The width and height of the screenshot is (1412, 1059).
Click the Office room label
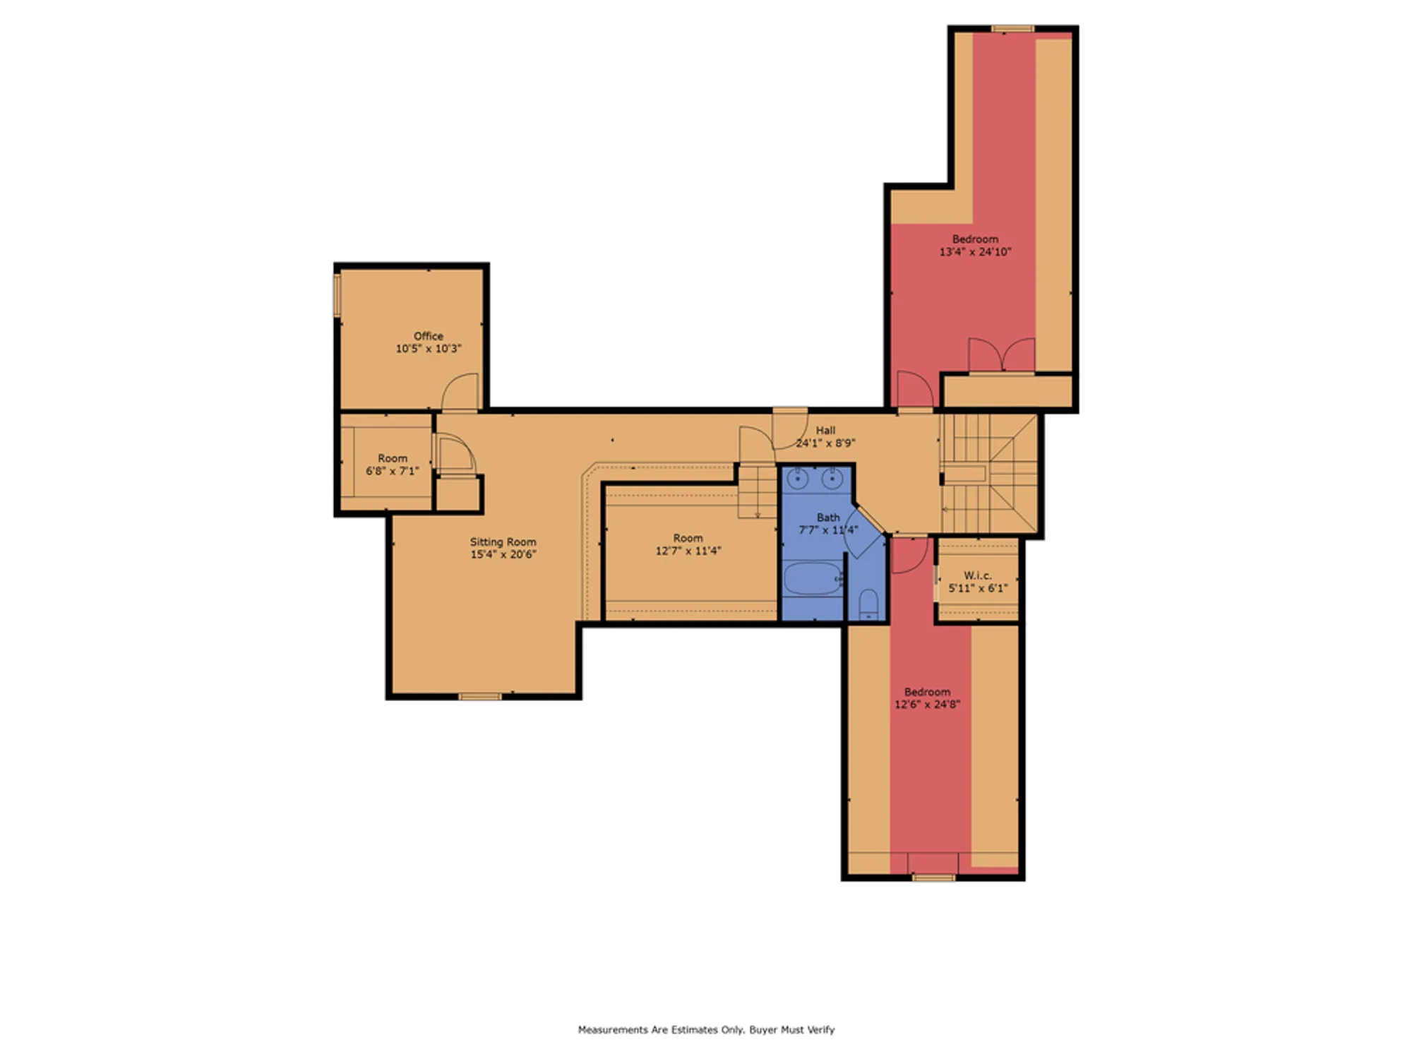click(x=428, y=336)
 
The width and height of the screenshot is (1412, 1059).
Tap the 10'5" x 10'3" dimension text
click(x=428, y=349)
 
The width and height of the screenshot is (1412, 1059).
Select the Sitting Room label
click(x=503, y=542)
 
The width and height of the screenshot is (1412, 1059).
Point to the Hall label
click(x=825, y=431)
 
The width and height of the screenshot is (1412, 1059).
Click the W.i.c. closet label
click(x=977, y=575)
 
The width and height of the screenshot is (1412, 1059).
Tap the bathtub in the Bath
click(x=813, y=579)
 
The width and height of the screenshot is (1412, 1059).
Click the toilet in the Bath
click(x=868, y=605)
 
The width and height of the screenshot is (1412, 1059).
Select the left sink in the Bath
click(x=798, y=480)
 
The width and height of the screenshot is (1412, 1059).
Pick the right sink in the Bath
click(x=832, y=480)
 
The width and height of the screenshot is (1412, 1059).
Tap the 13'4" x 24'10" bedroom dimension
click(x=975, y=252)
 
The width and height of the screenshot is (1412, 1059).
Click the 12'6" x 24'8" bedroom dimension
click(x=927, y=705)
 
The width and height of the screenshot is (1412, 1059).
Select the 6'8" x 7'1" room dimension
click(x=392, y=471)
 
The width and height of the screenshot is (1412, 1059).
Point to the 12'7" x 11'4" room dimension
click(x=688, y=551)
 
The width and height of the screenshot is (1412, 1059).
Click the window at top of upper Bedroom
click(x=1012, y=29)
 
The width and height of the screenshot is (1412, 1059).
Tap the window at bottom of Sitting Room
click(x=480, y=697)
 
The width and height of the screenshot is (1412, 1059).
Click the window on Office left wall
click(x=337, y=295)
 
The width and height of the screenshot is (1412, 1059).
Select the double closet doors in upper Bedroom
click(x=1001, y=356)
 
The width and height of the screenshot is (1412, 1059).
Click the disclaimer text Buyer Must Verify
click(x=791, y=1030)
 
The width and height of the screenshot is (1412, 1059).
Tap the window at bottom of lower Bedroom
click(x=933, y=878)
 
